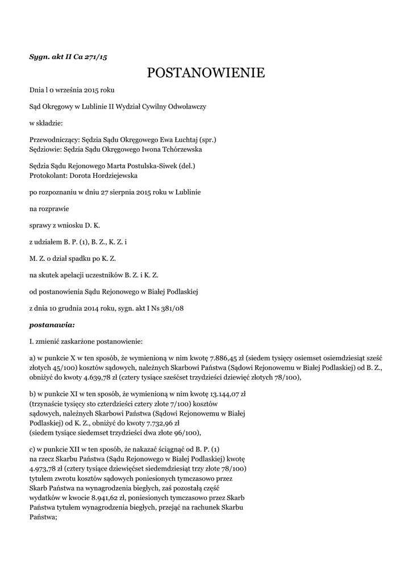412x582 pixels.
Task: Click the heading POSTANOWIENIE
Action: click(x=206, y=73)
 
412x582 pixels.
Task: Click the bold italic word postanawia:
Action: click(x=52, y=326)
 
